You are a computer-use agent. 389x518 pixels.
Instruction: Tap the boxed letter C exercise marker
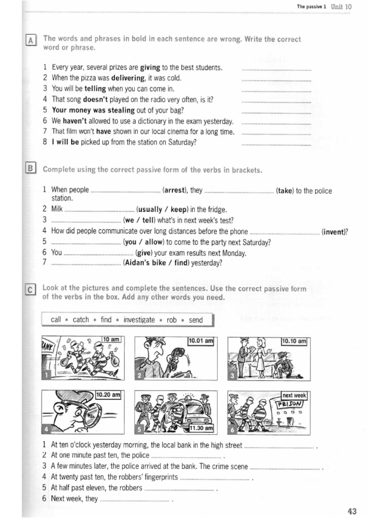pos(30,290)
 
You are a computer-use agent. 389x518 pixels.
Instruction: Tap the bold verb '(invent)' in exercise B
pos(334,232)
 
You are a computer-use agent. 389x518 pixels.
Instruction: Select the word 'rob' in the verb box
pos(172,320)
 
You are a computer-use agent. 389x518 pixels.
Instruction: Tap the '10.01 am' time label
pos(201,341)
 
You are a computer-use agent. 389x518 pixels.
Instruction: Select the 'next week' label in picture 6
pos(294,395)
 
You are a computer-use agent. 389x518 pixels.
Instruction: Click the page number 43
pos(353,510)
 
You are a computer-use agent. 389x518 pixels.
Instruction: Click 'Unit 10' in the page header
pos(341,7)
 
